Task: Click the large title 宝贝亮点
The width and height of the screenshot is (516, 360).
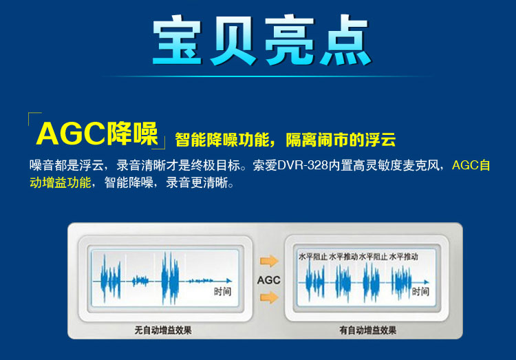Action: [262, 40]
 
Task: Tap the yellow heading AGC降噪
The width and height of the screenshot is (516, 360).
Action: [97, 134]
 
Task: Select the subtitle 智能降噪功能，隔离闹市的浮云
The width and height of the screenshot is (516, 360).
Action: [285, 140]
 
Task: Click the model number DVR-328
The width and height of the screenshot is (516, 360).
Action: [303, 165]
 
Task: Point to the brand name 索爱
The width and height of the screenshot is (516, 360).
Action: [265, 165]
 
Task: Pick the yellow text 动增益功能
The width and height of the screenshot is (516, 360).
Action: [61, 182]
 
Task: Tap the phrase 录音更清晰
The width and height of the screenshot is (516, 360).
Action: [197, 182]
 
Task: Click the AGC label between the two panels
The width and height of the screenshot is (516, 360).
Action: [269, 280]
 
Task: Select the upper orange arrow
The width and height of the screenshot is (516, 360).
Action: [269, 261]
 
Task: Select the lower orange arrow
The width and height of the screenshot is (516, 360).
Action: [269, 297]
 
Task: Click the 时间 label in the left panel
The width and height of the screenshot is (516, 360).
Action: [222, 291]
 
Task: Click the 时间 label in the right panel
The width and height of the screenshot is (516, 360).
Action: [420, 291]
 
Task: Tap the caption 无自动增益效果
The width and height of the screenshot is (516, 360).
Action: [163, 330]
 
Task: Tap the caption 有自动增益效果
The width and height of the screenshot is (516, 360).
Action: [368, 330]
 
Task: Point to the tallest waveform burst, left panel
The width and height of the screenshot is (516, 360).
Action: [171, 279]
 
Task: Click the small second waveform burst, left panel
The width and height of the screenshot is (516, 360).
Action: [140, 281]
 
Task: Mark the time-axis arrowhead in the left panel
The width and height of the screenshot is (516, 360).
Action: [229, 281]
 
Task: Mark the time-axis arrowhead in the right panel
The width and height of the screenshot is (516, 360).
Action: [427, 282]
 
